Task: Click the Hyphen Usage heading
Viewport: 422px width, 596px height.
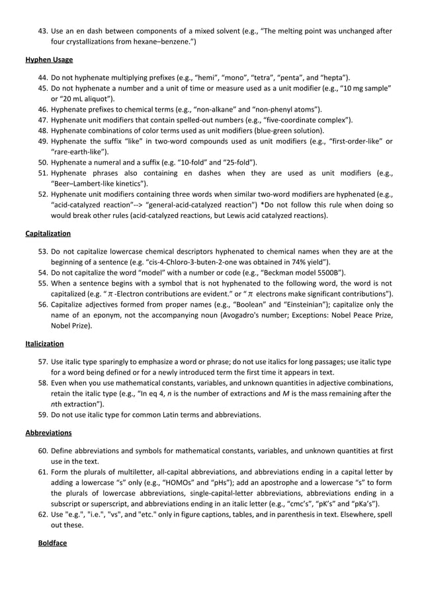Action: [49, 59]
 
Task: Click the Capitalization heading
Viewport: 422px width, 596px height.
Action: [49, 233]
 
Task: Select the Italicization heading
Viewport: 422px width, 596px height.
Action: [45, 344]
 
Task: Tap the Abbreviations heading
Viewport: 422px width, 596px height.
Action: [49, 433]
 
